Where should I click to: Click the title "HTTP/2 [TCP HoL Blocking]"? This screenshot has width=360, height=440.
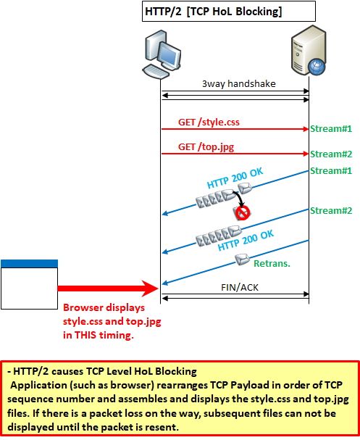point(214,12)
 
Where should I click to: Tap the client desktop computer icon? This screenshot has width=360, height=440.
point(162,54)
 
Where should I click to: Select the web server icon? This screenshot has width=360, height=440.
point(309,51)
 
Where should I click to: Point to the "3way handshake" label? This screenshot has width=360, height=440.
point(239,83)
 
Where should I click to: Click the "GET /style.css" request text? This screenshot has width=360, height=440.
point(209,123)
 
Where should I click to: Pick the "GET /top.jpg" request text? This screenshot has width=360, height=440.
point(206,147)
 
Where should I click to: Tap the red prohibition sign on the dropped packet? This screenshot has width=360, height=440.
point(243,213)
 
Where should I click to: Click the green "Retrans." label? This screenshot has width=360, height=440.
point(272,264)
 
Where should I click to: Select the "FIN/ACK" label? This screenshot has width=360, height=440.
point(240,287)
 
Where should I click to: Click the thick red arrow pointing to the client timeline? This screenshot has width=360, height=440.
point(108,289)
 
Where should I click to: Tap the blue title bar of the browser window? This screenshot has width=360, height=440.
point(30,264)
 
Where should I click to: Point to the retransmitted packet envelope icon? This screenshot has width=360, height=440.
point(242,260)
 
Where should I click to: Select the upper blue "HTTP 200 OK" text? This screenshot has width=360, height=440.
point(235,178)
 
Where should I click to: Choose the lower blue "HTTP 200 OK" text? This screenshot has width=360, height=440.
point(246,240)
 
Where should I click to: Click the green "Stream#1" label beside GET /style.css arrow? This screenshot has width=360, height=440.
point(331,129)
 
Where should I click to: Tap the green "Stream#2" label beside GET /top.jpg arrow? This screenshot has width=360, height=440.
point(331,154)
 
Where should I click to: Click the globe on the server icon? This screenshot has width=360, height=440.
point(317,67)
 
